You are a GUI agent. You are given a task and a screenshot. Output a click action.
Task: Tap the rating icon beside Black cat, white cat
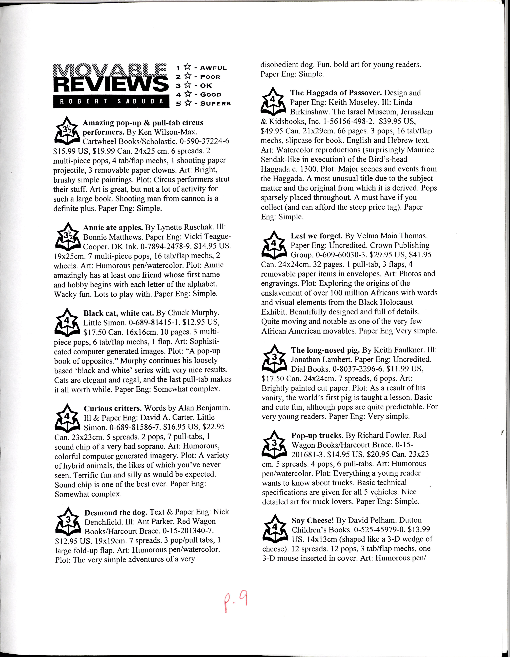pos(67,322)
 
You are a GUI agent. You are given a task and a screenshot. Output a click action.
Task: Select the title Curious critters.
pos(113,408)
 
